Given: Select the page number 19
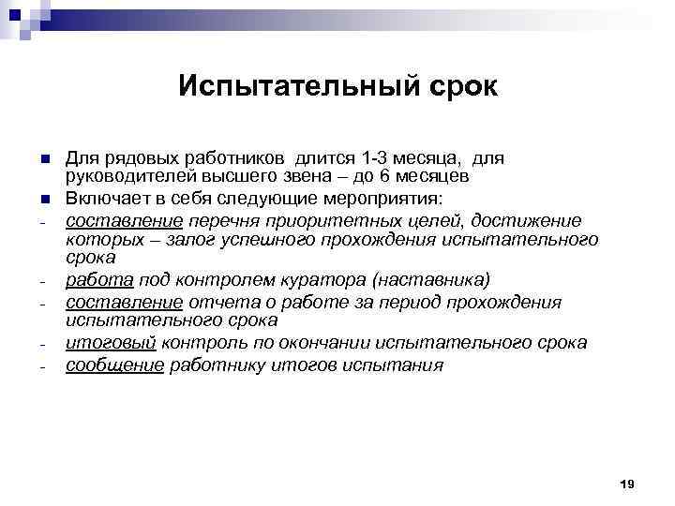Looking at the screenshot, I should click(x=627, y=483).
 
